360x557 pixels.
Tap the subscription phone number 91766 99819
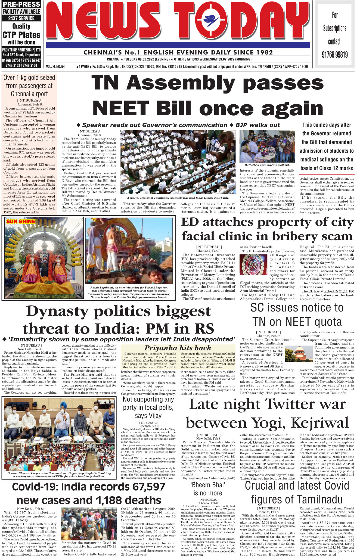335,55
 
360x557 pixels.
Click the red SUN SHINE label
21,222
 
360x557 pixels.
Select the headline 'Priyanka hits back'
178,348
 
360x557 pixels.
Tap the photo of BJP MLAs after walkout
267,146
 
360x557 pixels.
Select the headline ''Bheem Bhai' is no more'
207,489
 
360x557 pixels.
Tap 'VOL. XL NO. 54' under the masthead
55,67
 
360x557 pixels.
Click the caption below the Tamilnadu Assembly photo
178,198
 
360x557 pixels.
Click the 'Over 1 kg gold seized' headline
29,86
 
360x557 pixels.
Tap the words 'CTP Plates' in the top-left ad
21,35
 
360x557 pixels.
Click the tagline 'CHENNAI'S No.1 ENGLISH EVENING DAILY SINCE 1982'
178,52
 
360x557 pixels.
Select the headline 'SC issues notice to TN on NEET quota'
297,315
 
